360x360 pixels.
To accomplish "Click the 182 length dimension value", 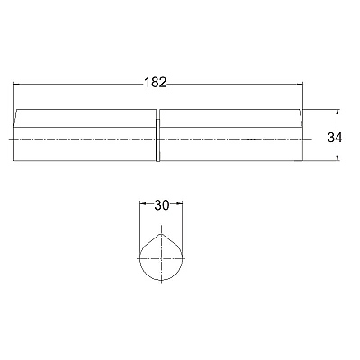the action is [x=155, y=83].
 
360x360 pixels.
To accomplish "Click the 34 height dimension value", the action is [x=335, y=138].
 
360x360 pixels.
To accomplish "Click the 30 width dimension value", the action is [x=162, y=205].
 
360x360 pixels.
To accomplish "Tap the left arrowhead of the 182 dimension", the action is [x=17, y=85].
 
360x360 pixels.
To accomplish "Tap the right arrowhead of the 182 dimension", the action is [x=300, y=85].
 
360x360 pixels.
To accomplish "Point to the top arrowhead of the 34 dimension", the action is [x=338, y=112].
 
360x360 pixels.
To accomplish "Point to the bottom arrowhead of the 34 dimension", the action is [x=338, y=158].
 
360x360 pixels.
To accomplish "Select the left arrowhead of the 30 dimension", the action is [x=143, y=204].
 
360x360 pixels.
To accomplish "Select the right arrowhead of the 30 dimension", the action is [x=179, y=204].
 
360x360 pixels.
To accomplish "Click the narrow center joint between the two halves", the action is [x=157, y=140].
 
